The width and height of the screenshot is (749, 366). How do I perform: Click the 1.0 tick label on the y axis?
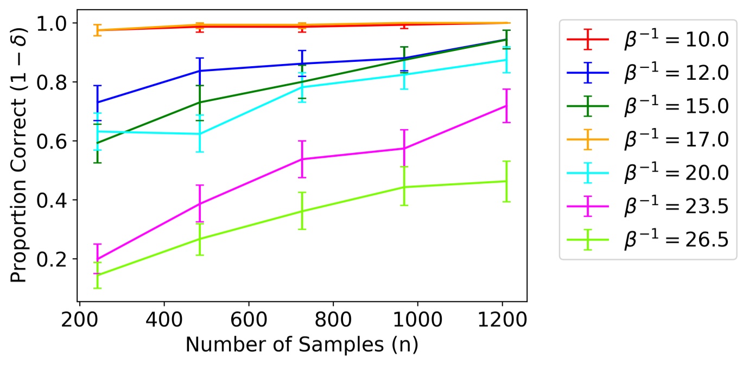tap(53, 23)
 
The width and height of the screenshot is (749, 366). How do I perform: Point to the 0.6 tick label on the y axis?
tap(53, 142)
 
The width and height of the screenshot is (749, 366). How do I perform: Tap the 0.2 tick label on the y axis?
tap(53, 259)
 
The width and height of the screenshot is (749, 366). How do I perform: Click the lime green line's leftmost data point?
tap(97, 275)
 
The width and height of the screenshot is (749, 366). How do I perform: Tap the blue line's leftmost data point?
tap(97, 102)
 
